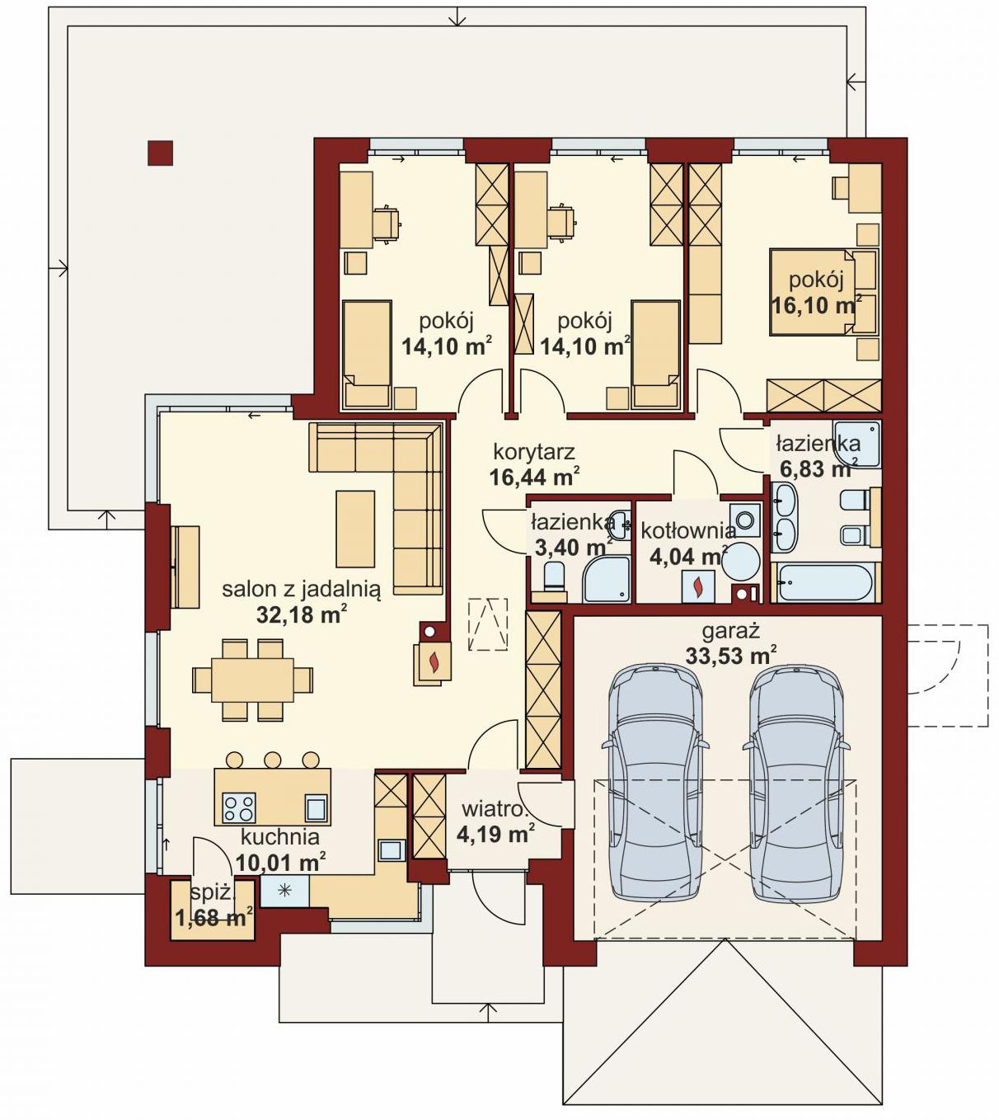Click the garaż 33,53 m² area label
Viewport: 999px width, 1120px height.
click(730, 644)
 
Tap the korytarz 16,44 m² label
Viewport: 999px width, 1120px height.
click(534, 464)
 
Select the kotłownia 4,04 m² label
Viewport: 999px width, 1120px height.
click(688, 544)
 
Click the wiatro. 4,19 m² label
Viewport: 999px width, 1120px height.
click(495, 821)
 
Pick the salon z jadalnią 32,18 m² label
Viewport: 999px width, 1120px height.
click(302, 601)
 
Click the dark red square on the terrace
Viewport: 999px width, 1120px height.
click(160, 153)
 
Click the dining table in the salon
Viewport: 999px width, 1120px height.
click(252, 680)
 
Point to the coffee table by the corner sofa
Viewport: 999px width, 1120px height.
click(355, 529)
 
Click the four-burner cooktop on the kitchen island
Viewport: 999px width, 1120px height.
click(239, 808)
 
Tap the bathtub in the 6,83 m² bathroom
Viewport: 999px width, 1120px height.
click(823, 583)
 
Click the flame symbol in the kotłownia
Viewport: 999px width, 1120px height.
click(698, 586)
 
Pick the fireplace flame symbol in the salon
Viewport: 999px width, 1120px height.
click(435, 661)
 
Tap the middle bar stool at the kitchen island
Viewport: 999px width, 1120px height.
click(272, 760)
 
